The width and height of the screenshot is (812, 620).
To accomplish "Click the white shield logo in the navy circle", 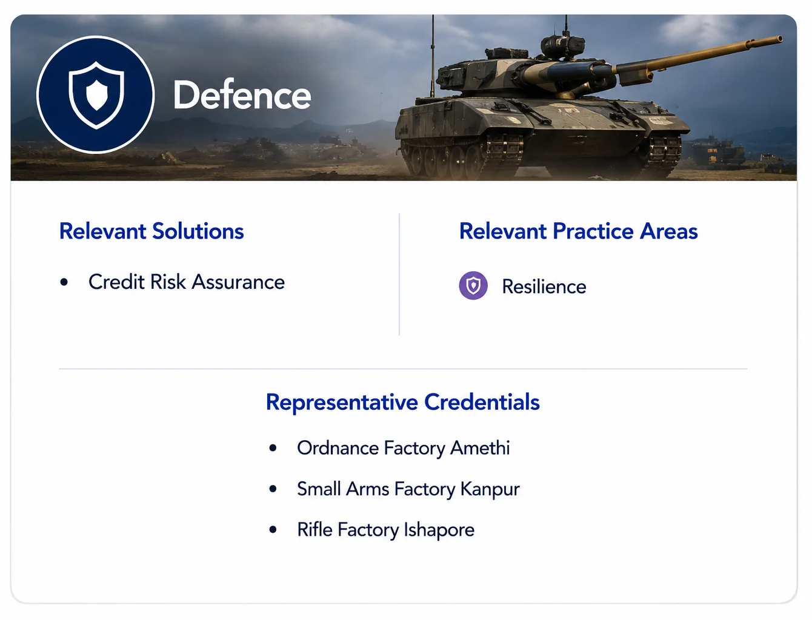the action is (x=96, y=95).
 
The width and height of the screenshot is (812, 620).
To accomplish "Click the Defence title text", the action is (x=242, y=94).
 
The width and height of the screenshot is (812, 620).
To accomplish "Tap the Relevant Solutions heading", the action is (x=151, y=231).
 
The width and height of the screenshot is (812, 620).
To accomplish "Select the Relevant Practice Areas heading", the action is (x=578, y=231).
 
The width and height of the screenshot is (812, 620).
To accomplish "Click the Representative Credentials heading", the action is (x=403, y=402).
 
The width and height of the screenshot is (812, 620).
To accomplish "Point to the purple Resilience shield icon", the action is (x=473, y=286).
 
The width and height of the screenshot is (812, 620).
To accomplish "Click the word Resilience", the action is (x=544, y=287).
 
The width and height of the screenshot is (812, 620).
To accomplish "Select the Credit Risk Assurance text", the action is (x=187, y=282).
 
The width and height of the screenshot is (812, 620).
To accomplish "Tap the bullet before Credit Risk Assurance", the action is (x=64, y=282).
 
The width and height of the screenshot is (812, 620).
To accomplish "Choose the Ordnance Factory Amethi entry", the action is (x=403, y=448).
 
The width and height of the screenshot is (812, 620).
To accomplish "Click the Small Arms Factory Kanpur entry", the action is (x=408, y=489).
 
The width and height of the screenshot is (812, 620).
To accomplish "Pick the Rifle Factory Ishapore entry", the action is (x=385, y=530).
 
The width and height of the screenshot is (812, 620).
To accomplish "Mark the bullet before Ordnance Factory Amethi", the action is (x=273, y=448).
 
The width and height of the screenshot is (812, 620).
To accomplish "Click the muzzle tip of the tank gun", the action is (x=779, y=39).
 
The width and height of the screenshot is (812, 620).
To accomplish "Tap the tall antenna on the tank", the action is (x=432, y=56).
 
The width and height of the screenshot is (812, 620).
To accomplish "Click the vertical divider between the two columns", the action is (x=399, y=274).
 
